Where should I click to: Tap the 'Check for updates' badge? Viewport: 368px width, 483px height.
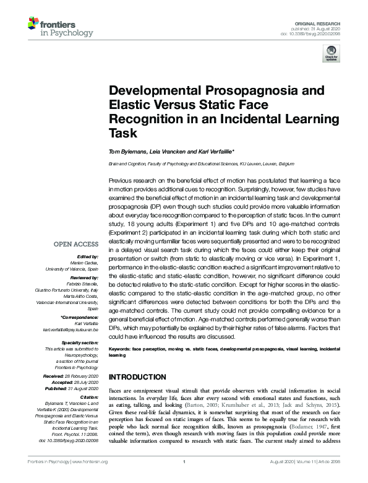pos(330,56)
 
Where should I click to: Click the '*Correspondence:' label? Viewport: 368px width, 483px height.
pos(81,317)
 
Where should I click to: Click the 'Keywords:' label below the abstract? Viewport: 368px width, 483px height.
pos(119,350)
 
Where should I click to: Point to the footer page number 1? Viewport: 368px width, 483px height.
pos(184,479)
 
